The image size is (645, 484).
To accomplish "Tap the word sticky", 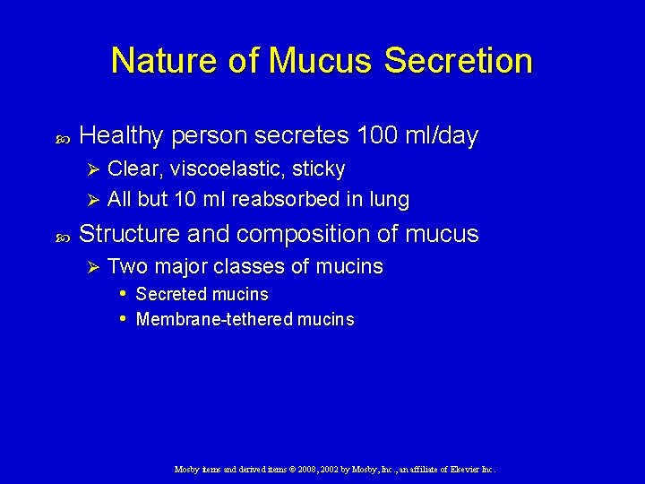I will pos(317,169).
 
